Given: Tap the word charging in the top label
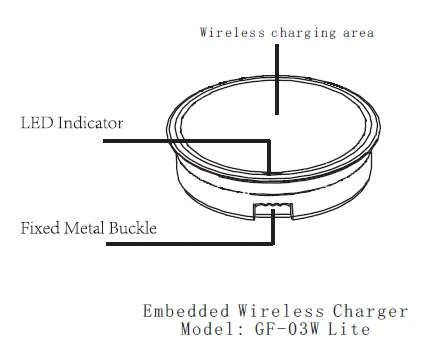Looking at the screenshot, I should point(295,33).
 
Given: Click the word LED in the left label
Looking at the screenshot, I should point(37,124).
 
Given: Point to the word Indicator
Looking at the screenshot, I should point(90,124).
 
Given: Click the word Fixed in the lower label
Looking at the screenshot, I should point(40,228).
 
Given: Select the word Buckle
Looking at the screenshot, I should point(135,228).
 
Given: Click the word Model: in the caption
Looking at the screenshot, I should point(211,329).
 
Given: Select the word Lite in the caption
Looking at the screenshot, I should point(351,329).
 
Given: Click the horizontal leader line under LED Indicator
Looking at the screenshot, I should point(180,141).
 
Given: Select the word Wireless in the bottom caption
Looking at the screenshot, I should point(264,311).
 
